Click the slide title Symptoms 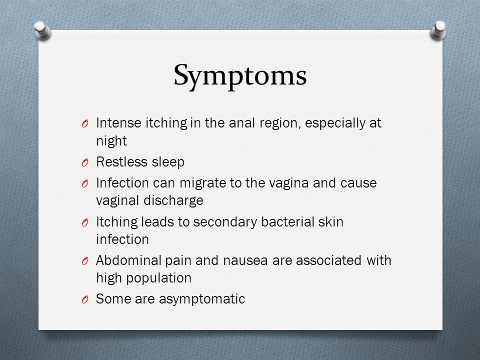(x=240, y=76)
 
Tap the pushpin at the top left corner (x=42, y=30)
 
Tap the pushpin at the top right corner (x=438, y=30)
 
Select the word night (x=111, y=141)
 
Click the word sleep (x=168, y=162)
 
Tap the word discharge (x=173, y=201)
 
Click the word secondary (x=225, y=222)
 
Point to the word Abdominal (x=128, y=260)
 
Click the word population (x=159, y=278)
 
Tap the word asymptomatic (x=202, y=299)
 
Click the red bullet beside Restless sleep (x=85, y=162)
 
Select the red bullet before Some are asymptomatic (x=85, y=299)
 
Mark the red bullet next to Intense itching (x=85, y=123)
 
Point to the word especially (x=335, y=123)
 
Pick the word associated (x=329, y=260)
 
